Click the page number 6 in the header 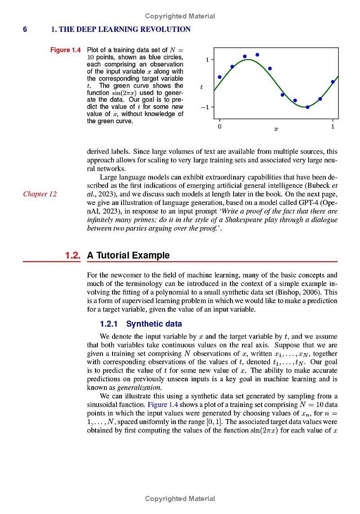pos(25,30)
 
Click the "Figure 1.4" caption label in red pos(66,50)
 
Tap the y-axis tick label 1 pos(207,60)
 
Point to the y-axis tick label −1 pos(205,107)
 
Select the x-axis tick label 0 pos(219,127)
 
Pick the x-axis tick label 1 pos(333,127)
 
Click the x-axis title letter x pos(276,129)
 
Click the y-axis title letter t pos(201,86)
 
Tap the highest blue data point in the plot pos(257,55)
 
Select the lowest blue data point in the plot pos(307,107)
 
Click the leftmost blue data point pos(220,77)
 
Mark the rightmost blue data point pos(333,82)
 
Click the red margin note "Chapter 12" pos(40,194)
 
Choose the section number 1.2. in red pos(72,255)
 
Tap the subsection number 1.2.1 pos(111,324)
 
